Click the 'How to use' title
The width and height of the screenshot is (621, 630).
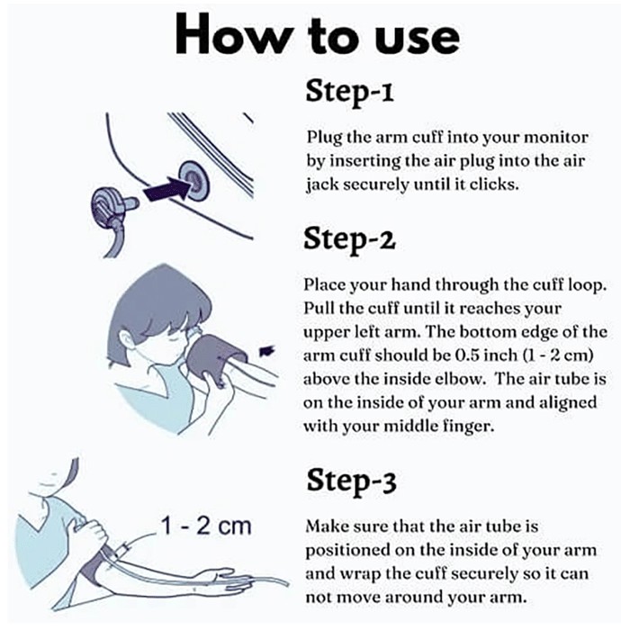coord(318,35)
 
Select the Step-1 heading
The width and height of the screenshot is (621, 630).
coord(349,91)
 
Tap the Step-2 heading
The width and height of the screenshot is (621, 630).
coord(349,238)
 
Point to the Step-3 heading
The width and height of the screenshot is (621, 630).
coord(352,480)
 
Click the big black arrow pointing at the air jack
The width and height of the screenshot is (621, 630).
coord(166,189)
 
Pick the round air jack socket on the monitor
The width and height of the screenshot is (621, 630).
coord(193,180)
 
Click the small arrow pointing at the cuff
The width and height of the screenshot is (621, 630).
coord(266,351)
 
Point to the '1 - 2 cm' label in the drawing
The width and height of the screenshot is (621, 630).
coord(206,526)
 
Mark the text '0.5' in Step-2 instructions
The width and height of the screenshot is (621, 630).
coord(469,355)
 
